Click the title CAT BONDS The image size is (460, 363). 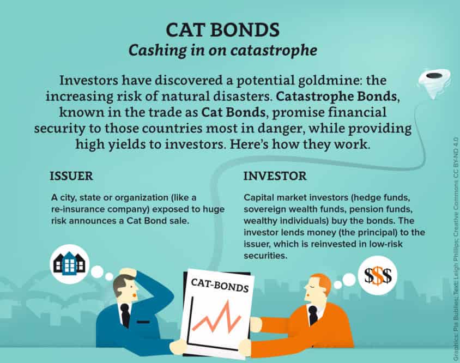[223, 30]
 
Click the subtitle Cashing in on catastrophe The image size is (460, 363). [223, 50]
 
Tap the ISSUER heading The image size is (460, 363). [71, 176]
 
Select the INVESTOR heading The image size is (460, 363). [275, 176]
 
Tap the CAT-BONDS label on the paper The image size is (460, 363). [220, 285]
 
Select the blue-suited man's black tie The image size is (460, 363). [125, 315]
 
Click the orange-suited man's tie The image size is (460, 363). [313, 315]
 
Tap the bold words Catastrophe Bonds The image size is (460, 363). [337, 96]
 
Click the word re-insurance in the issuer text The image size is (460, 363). [81, 209]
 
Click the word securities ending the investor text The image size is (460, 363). [265, 256]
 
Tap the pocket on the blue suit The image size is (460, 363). [143, 322]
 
